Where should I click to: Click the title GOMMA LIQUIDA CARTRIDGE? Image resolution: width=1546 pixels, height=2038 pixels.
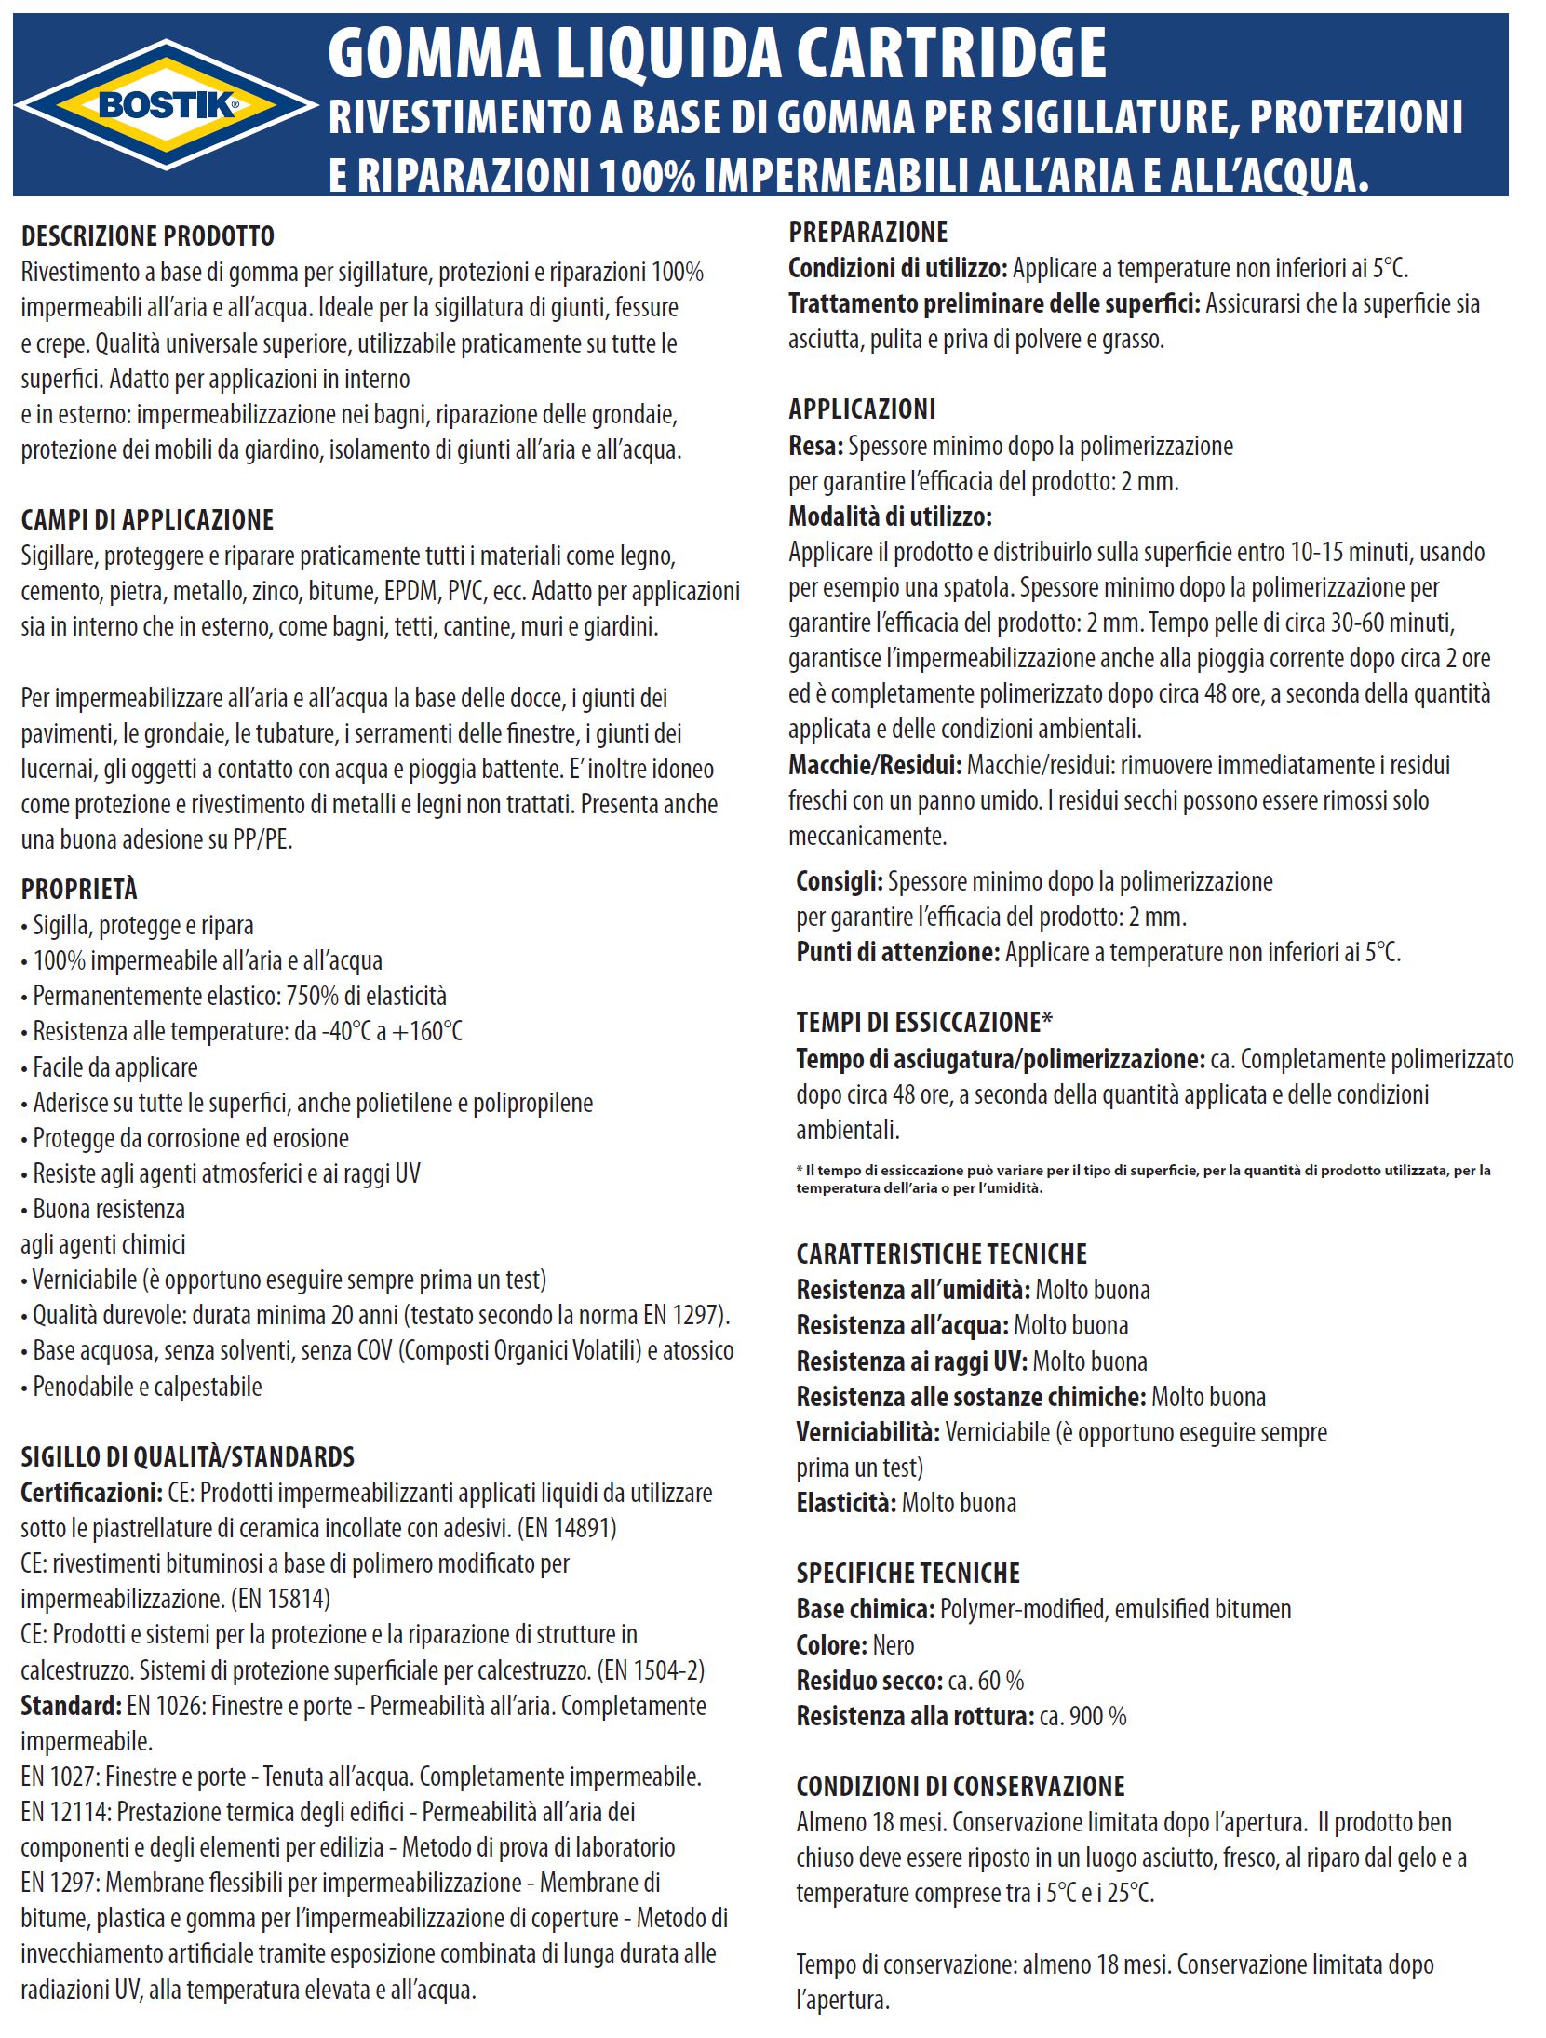tap(717, 54)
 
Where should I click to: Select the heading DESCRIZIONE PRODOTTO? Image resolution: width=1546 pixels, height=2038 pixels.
tap(148, 235)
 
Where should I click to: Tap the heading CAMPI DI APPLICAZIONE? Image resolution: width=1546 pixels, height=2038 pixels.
tap(148, 519)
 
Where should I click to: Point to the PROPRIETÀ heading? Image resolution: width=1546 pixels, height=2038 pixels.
tap(79, 889)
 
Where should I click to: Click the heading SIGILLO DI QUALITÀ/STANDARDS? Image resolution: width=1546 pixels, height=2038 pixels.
tap(188, 1456)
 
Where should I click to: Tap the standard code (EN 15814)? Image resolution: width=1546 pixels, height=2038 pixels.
tap(280, 1599)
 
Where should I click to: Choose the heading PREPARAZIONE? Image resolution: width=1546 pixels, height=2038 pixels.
tap(868, 232)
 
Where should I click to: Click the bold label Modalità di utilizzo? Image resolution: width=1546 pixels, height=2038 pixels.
tap(891, 516)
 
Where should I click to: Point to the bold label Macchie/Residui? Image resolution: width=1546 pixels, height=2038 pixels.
tap(875, 765)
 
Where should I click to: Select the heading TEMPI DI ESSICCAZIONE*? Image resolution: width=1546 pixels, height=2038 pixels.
tap(924, 1022)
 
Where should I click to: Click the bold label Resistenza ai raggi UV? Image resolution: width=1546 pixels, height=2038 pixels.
tap(911, 1361)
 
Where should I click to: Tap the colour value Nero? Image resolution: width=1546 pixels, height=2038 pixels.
tap(894, 1645)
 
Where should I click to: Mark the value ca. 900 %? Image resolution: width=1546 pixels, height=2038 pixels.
tap(1082, 1716)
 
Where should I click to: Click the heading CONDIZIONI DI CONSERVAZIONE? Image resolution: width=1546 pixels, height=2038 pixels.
tap(961, 1786)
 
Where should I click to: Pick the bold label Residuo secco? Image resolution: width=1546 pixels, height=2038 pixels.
tap(869, 1681)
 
